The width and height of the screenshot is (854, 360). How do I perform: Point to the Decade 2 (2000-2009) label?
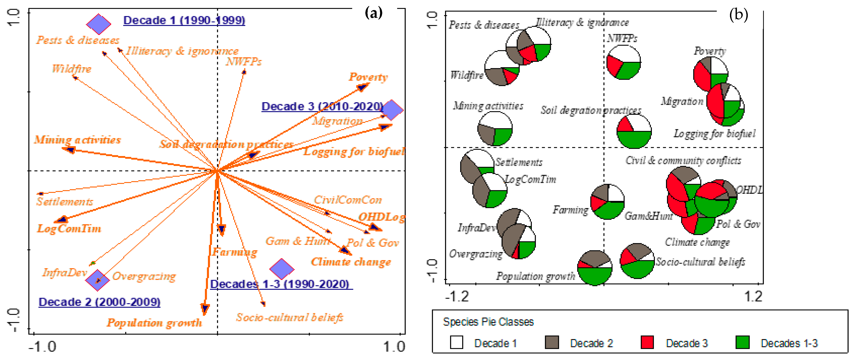tap(99, 302)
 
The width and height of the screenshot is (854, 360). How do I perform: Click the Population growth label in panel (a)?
tap(154, 323)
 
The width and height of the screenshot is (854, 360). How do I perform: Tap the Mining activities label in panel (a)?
tap(77, 140)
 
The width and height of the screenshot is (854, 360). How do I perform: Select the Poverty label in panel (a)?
tap(368, 77)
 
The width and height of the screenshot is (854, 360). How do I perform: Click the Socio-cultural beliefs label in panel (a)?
tap(289, 318)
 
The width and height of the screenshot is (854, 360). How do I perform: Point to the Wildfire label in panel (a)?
tap(72, 69)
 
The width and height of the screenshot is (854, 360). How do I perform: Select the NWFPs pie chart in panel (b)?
tap(624, 62)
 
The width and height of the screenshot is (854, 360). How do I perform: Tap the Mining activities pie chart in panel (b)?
tap(495, 129)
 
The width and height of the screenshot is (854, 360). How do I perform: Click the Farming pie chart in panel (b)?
tap(607, 202)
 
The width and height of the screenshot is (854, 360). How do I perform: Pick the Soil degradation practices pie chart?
tap(634, 131)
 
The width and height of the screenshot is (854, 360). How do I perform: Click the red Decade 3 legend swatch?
tap(647, 342)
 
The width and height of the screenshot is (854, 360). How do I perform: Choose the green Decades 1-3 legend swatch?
tap(742, 342)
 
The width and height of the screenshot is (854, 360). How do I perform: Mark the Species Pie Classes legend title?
tap(488, 322)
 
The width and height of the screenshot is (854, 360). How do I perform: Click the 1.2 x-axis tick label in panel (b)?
tap(753, 296)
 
